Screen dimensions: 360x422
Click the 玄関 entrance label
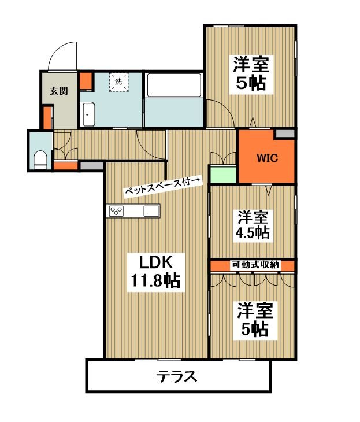click(59, 91)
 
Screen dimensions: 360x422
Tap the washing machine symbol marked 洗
click(118, 82)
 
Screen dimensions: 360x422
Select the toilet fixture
click(40, 160)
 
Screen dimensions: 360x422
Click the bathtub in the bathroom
click(173, 85)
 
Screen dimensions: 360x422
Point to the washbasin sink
click(88, 114)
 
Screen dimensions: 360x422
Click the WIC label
click(267, 158)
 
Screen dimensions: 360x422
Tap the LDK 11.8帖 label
click(155, 272)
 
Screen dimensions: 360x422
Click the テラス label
click(177, 376)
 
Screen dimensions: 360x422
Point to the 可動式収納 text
click(255, 265)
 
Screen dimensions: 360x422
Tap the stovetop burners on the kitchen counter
click(116, 211)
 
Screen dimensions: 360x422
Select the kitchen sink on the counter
click(152, 211)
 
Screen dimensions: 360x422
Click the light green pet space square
click(223, 174)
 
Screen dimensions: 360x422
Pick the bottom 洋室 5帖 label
click(255, 320)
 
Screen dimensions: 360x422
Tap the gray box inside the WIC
click(285, 134)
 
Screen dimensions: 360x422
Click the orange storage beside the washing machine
click(86, 81)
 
